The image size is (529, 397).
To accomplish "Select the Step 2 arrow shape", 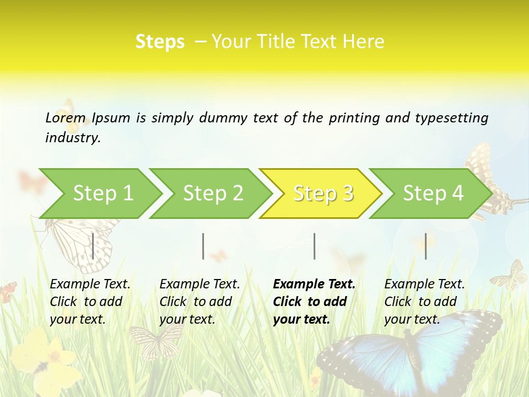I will click(x=213, y=194).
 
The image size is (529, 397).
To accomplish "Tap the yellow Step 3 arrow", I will click(x=323, y=194).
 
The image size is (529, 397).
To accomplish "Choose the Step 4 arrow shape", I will click(x=433, y=194).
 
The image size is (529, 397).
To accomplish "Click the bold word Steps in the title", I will click(x=160, y=42).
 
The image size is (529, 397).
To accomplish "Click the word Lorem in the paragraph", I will click(x=66, y=118).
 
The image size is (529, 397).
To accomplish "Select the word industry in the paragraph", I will click(x=73, y=138).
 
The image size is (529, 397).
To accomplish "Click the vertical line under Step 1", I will click(x=93, y=246).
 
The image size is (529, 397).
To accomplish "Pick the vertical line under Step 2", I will click(x=203, y=246).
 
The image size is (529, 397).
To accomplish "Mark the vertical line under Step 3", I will click(x=314, y=246).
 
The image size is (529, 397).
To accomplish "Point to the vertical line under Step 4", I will click(x=425, y=246).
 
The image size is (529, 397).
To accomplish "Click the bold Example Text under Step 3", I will click(x=314, y=302).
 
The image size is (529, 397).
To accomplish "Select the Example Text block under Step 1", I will click(x=90, y=302).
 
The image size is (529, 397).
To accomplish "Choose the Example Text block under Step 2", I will click(x=199, y=302).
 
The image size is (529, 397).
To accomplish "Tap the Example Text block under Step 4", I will click(x=424, y=302).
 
